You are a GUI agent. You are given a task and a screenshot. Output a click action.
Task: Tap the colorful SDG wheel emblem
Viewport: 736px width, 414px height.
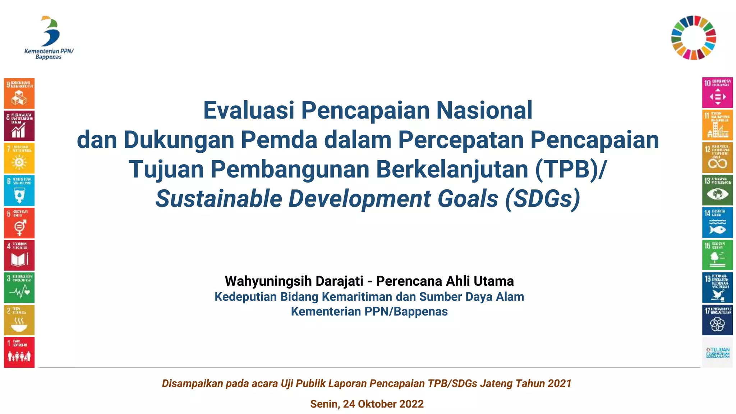coord(694,37)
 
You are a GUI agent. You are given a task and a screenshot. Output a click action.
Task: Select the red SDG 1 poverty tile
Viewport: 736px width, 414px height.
coord(19,352)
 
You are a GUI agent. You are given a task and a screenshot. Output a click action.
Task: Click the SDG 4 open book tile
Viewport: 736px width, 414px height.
coord(19,255)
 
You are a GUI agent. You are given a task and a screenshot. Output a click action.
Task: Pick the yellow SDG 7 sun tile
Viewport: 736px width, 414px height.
coord(19,158)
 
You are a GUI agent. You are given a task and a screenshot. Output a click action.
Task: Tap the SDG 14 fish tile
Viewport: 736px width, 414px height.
coord(717,222)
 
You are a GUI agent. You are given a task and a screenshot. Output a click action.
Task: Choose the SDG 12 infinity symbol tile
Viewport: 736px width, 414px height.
coord(717,158)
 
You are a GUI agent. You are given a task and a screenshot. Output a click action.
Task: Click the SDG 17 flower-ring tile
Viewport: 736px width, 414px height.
coord(717,320)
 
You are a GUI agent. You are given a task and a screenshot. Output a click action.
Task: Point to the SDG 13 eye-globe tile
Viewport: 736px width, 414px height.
coord(717,190)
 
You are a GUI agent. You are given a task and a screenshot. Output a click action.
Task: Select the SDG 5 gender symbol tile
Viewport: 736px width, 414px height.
coord(19,223)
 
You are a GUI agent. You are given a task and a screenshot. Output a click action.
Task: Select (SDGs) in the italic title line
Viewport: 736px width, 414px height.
coord(543,199)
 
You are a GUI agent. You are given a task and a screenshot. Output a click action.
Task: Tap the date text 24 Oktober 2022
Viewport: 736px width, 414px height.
coord(383,404)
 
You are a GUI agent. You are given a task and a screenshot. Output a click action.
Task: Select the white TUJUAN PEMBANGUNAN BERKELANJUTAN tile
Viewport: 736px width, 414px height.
coord(717,353)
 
